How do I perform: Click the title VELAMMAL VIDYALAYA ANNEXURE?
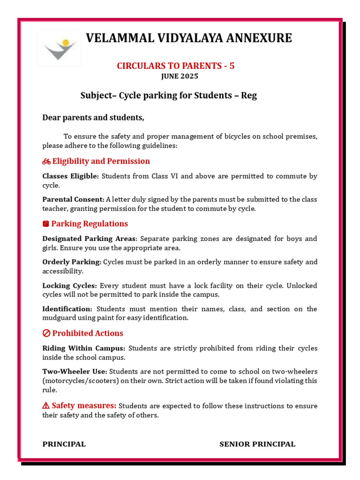coord(188,38)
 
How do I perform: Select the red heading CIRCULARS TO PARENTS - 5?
coord(176,66)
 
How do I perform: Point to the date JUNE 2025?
coord(180,76)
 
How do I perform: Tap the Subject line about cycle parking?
coord(169,96)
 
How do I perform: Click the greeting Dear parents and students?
coord(93,118)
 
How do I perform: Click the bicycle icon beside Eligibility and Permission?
coord(46,162)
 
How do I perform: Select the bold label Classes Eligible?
coord(71,176)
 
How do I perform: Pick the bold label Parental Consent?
coord(73,200)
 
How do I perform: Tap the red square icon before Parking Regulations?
coord(46,224)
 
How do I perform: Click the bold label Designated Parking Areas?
coord(90,239)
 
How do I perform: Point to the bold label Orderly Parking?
coord(72,262)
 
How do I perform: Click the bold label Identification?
coord(67,309)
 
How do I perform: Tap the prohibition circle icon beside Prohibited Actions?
coord(46,334)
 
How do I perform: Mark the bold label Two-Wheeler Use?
coord(75,372)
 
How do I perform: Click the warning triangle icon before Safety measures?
coord(46,405)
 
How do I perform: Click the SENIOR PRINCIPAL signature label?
coord(257,444)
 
